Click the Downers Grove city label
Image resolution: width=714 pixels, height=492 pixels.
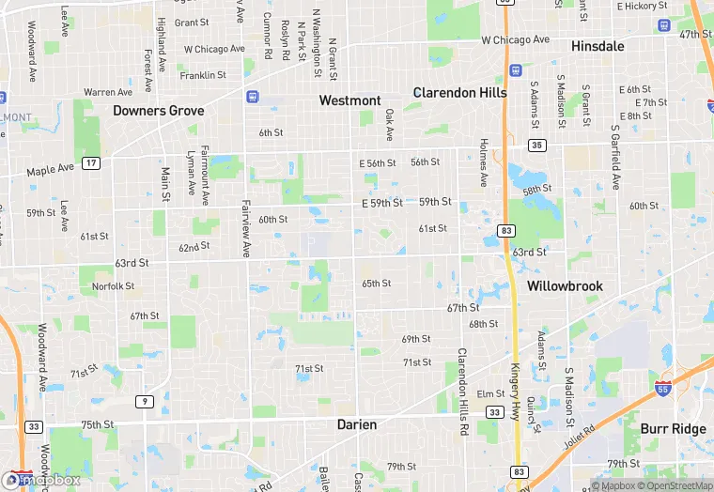(159, 110)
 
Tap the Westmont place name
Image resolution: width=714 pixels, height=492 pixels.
(349, 100)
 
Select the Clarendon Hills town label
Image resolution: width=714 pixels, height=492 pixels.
(460, 92)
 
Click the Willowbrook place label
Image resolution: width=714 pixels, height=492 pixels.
(565, 285)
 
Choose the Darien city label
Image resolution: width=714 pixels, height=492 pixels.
(357, 424)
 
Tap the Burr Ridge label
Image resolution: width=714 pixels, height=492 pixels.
(667, 428)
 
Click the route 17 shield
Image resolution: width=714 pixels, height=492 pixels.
(91, 163)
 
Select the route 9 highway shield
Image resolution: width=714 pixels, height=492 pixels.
(145, 402)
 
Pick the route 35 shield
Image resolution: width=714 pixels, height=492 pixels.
(536, 145)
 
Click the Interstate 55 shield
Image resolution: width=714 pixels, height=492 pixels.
(662, 384)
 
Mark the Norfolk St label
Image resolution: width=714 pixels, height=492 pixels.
(113, 286)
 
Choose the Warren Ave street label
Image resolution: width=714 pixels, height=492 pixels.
(108, 92)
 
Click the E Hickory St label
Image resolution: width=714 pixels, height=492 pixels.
(642, 7)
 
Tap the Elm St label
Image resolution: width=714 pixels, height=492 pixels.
(490, 393)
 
